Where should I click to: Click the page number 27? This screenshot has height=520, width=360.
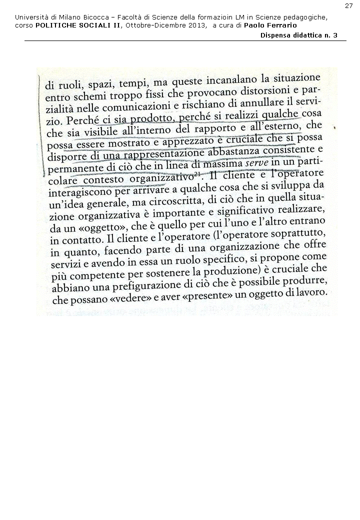coord(349,5)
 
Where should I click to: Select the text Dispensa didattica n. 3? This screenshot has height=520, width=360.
coord(299,35)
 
